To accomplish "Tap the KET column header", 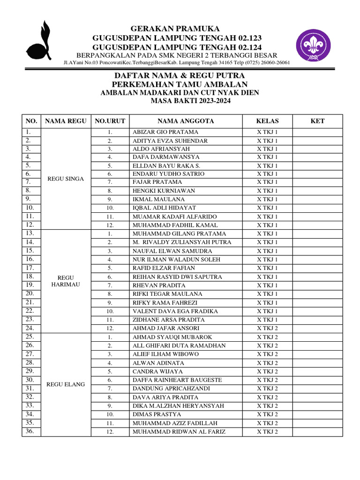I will [x=317, y=121].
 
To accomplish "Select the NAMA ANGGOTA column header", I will [x=186, y=121].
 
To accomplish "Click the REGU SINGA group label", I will [x=66, y=179].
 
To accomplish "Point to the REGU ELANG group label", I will [x=66, y=384].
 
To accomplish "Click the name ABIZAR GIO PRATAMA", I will [x=165, y=132].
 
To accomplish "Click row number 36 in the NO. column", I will [x=30, y=431].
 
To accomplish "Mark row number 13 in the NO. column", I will [x=30, y=233].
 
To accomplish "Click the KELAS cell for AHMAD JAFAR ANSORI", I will [x=267, y=328].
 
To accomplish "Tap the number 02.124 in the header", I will [x=245, y=47].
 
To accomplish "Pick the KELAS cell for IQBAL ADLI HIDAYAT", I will [x=267, y=208].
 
